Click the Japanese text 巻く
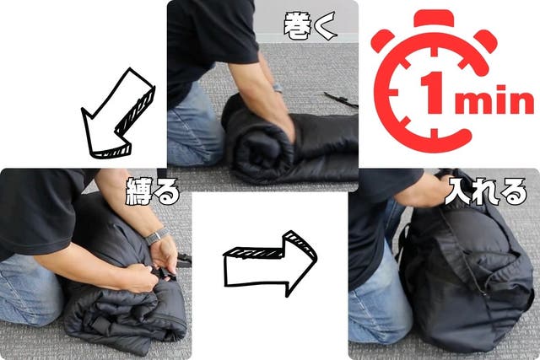tap(310, 25)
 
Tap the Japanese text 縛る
tap(153, 191)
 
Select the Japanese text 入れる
tap(486, 191)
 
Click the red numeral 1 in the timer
tap(433, 92)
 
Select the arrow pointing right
tap(270, 264)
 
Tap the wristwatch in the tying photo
tap(157, 236)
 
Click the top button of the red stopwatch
tap(434, 18)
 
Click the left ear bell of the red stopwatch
tap(381, 40)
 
